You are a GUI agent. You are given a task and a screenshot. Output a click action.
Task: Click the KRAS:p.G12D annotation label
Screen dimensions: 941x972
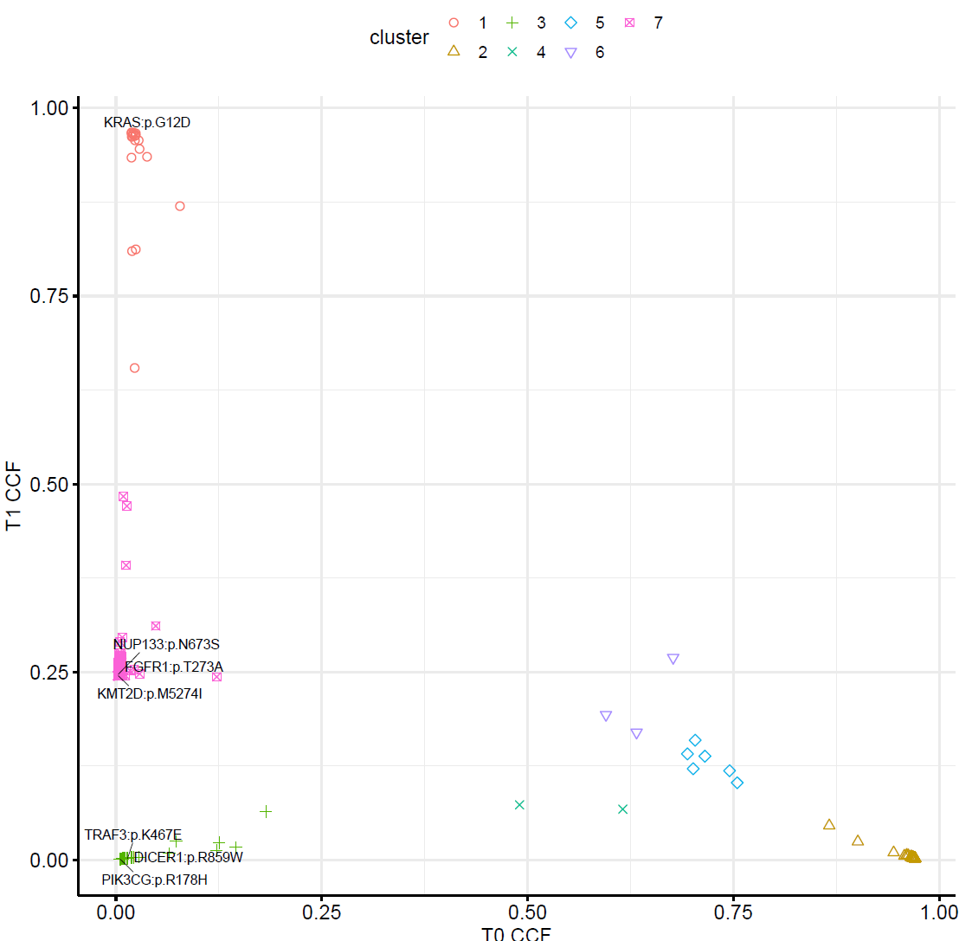coord(147,123)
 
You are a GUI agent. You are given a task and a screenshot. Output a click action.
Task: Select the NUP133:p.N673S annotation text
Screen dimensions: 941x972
coord(166,645)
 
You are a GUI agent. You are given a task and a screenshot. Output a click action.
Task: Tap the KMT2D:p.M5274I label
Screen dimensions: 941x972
coord(150,693)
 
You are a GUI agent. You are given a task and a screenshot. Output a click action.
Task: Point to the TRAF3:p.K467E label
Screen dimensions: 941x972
coord(133,835)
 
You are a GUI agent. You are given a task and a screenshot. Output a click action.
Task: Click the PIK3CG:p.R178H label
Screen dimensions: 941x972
coord(154,880)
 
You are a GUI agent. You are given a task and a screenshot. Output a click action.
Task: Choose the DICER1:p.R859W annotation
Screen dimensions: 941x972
coord(188,858)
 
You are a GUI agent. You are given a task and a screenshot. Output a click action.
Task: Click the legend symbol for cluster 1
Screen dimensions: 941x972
coord(453,23)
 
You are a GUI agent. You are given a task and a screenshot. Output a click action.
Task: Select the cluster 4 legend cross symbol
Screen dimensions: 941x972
coord(512,53)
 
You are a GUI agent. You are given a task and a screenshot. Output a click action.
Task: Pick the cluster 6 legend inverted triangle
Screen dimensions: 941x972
coord(571,53)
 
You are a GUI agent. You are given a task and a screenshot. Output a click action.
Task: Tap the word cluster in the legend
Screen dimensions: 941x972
coord(399,38)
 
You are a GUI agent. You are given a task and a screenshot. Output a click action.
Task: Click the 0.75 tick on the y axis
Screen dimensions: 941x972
coord(49,296)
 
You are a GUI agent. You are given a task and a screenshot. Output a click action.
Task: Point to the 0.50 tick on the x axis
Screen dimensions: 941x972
coord(527,912)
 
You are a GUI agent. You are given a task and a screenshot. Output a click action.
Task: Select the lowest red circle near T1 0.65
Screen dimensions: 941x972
coord(134,368)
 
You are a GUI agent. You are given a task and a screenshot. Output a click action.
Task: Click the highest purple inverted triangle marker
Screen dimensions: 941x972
coord(673,660)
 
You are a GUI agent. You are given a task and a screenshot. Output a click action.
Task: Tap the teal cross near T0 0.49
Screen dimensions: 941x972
coord(519,805)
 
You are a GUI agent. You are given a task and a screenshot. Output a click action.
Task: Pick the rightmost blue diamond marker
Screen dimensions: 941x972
coord(737,783)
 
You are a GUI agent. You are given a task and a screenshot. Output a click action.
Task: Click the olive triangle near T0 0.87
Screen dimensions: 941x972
coord(829,824)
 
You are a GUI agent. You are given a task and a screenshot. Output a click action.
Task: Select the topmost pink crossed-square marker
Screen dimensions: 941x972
coord(123,497)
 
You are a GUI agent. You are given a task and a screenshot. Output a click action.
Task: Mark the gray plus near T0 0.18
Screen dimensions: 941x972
coord(266,811)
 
